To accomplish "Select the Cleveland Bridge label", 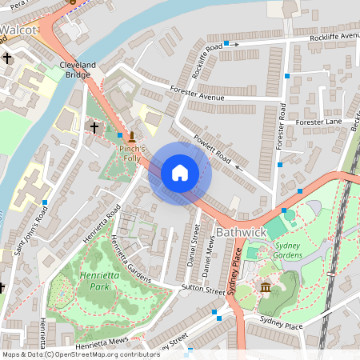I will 78,70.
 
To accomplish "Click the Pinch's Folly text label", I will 131,154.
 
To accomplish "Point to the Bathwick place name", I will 240,231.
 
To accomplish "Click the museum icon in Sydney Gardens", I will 265,287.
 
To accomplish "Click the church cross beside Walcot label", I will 8,58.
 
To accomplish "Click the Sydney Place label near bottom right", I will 280,326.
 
